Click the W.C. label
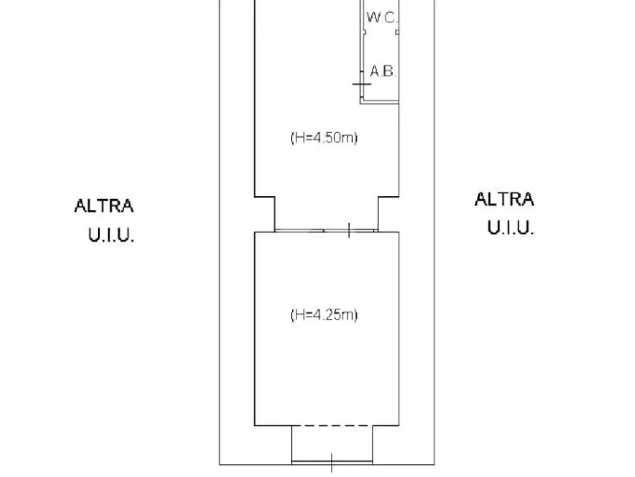click(382, 17)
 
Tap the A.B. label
click(383, 71)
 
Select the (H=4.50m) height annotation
click(324, 138)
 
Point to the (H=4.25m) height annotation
click(324, 315)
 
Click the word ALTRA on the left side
click(104, 206)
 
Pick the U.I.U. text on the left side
click(111, 235)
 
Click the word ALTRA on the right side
click(504, 199)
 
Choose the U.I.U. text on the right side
click(510, 228)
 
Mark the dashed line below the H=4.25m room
click(332, 425)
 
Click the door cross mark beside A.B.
click(361, 84)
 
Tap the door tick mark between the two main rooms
click(349, 231)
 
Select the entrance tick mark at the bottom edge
click(331, 463)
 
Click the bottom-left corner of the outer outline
click(219, 465)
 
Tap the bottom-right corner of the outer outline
click(434, 465)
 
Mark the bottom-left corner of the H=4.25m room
click(254, 425)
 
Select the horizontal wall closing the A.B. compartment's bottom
click(380, 102)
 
